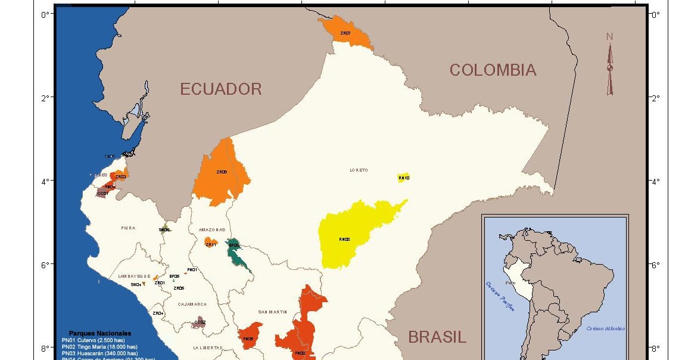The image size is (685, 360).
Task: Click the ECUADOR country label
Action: pos(221,89)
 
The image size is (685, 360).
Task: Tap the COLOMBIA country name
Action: pos(493,70)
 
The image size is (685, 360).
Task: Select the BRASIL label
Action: pos(437,337)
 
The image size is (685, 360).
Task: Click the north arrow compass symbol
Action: pos(610,66)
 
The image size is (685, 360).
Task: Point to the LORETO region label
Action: pos(359,170)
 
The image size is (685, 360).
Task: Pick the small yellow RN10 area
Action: pos(403,178)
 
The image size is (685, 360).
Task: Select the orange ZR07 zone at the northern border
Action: pos(347,33)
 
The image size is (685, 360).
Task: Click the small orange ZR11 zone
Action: pos(211,243)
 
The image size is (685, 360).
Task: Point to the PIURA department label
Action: pos(128,228)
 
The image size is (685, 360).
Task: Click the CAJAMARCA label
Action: pos(192,304)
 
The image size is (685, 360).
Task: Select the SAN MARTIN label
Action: pos(273,312)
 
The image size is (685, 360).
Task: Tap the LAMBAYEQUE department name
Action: pos(134,277)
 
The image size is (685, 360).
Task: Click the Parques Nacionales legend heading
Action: pos(100,333)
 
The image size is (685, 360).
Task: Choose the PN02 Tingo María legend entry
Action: pos(99,346)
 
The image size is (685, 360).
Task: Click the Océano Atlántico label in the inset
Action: pos(605,328)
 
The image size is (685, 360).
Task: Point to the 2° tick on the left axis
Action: pos(44,97)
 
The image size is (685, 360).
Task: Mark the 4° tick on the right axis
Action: pos(655,181)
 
